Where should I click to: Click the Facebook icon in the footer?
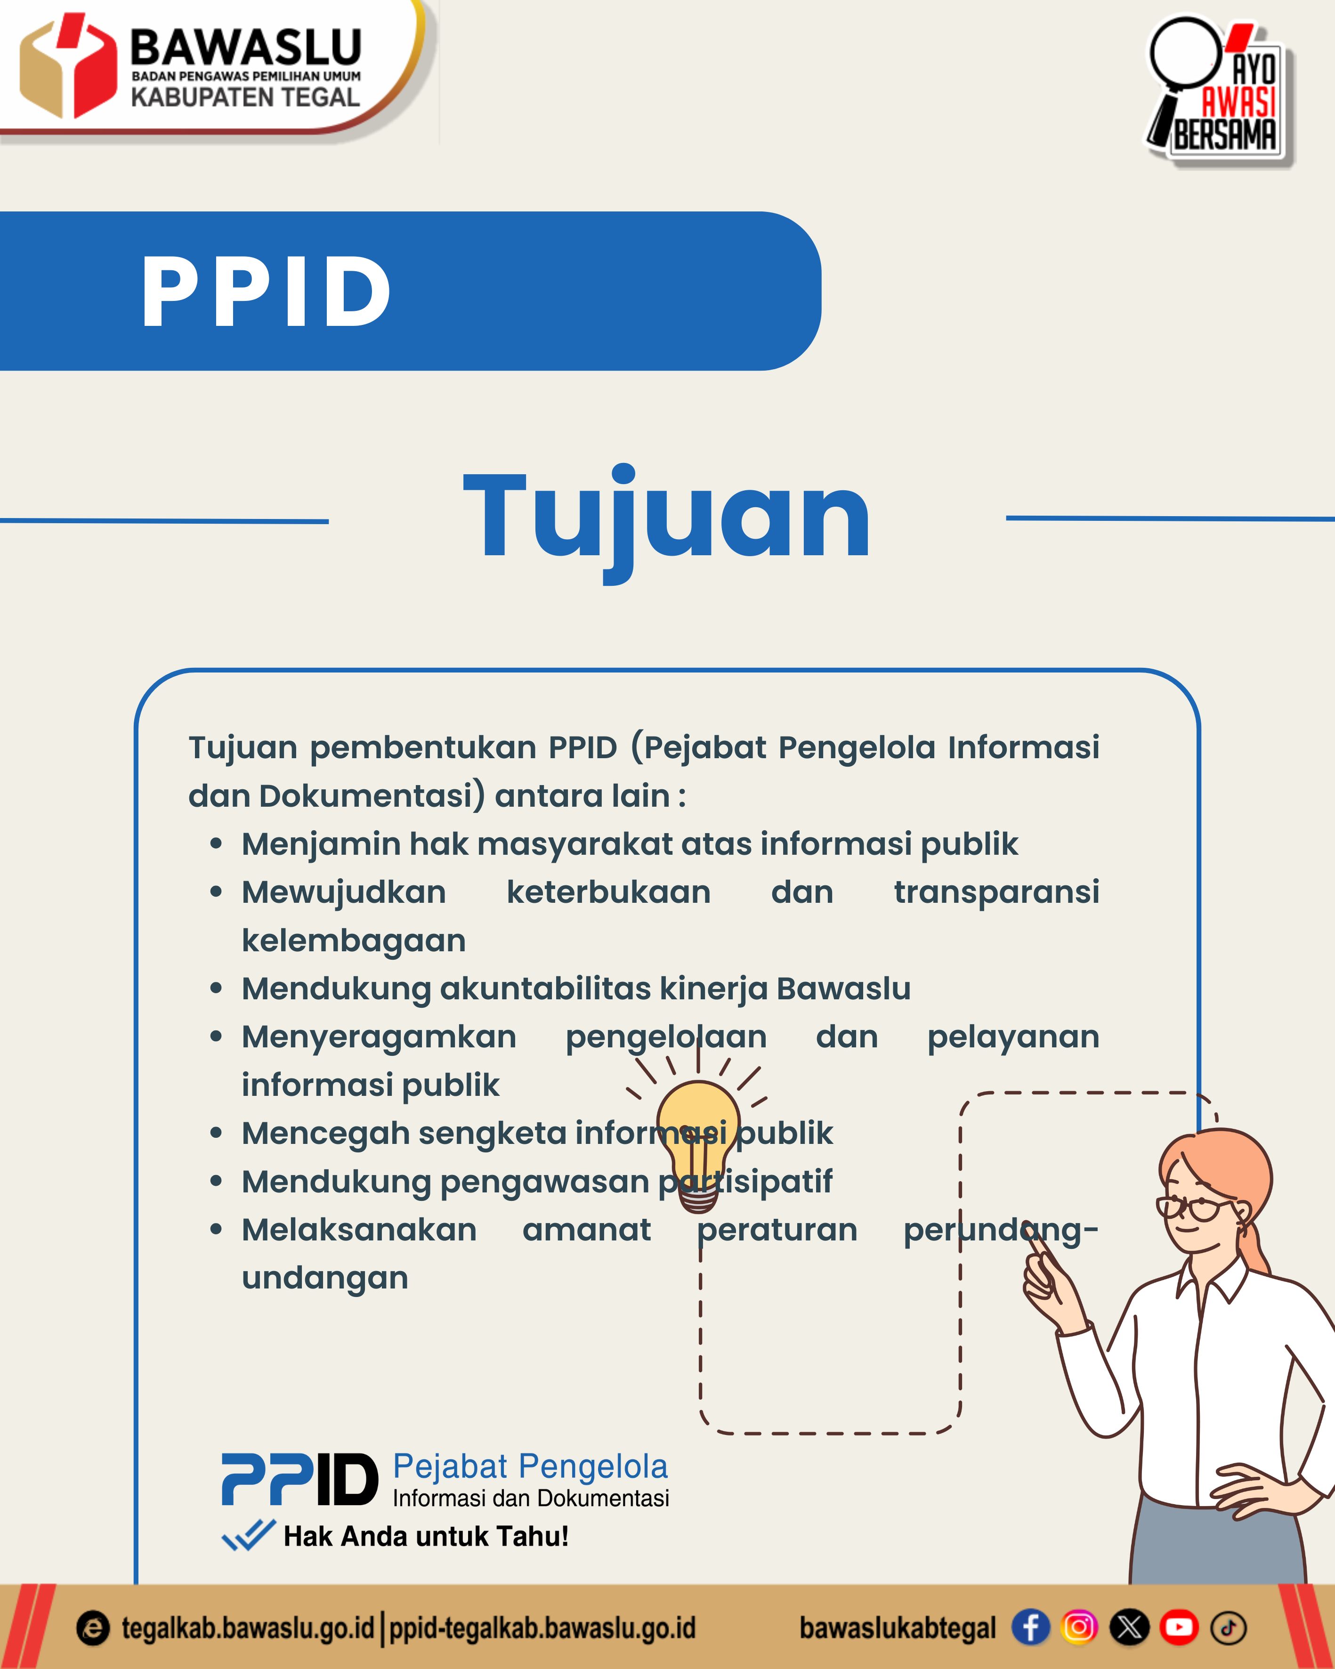click(x=1030, y=1627)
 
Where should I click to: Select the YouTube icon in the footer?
click(x=1179, y=1627)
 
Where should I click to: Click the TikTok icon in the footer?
click(x=1228, y=1627)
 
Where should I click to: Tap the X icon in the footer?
click(x=1129, y=1627)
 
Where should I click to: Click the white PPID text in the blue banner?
click(x=266, y=292)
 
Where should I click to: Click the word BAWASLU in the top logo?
click(x=245, y=48)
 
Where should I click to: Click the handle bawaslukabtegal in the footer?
click(x=897, y=1627)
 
